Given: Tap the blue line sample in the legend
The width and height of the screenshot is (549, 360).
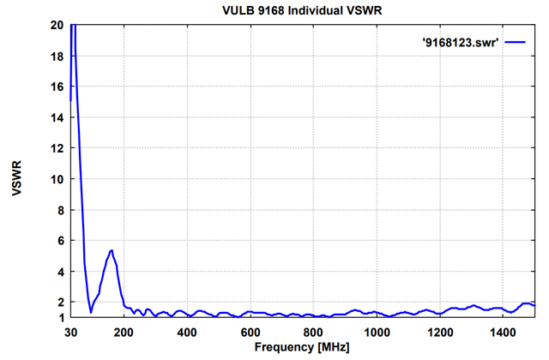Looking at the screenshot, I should tap(515, 40).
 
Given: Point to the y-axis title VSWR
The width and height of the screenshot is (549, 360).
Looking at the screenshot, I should tap(17, 171).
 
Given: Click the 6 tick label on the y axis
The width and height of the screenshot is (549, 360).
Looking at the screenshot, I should tap(58, 241).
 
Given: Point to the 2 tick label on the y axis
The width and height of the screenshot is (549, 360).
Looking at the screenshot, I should tap(58, 303).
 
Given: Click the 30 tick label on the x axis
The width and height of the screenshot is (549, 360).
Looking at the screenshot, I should tap(71, 333).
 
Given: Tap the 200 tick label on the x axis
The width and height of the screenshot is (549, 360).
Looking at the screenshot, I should tap(124, 333).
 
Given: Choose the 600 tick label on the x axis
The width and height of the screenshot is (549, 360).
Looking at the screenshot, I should tap(250, 333).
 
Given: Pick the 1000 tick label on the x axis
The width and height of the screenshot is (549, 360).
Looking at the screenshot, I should tap(376, 333).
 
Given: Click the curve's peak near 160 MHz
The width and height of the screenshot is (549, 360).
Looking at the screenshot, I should tap(112, 250).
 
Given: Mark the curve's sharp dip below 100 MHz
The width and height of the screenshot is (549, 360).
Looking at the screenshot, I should tap(91, 312).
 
